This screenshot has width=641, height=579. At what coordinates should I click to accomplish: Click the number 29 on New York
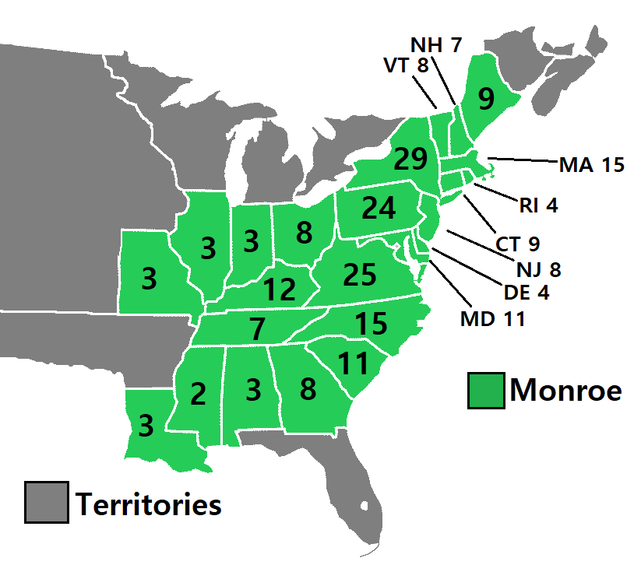click(411, 159)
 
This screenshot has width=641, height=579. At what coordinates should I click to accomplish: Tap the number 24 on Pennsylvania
click(379, 208)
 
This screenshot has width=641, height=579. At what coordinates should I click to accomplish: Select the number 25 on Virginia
click(359, 274)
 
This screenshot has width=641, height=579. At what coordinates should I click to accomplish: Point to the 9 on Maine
click(485, 99)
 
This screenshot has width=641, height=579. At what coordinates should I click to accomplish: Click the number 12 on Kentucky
click(279, 289)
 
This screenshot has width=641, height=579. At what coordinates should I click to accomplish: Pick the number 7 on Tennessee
click(258, 328)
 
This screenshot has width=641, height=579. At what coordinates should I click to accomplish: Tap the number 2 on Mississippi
click(198, 395)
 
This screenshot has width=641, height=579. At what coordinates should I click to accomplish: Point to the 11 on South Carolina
click(354, 362)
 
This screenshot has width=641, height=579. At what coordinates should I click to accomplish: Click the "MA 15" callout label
click(592, 165)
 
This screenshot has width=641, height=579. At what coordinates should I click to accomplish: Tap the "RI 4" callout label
click(539, 206)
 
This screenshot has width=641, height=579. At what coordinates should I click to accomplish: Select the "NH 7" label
click(436, 44)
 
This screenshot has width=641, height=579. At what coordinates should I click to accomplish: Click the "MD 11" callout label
click(491, 318)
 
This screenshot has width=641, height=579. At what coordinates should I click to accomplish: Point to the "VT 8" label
click(406, 65)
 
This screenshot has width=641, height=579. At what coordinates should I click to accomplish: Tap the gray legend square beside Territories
click(46, 502)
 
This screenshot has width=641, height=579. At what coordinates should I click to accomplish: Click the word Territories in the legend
click(149, 504)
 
